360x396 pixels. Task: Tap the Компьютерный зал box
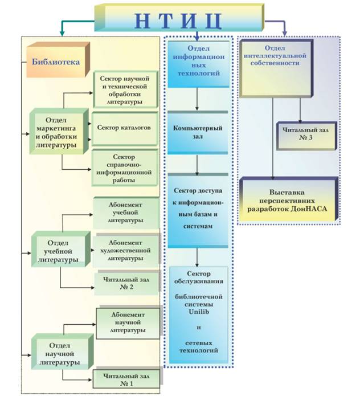pos(197,133)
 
